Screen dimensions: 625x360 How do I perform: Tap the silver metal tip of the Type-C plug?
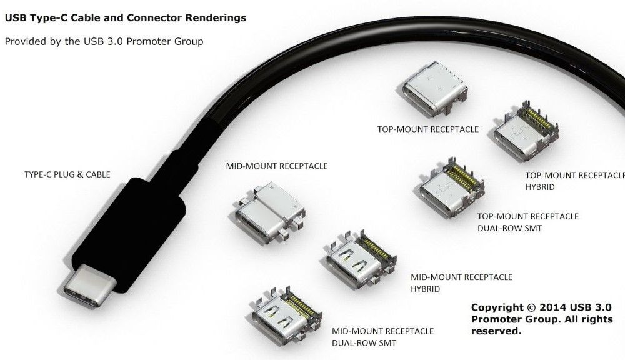click(x=89, y=285)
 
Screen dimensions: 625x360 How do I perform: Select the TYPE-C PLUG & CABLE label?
click(x=67, y=174)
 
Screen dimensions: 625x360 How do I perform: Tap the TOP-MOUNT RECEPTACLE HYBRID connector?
click(x=526, y=131)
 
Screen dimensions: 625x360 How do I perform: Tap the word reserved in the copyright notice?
click(x=496, y=331)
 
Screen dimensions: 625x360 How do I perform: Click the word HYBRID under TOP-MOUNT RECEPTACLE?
click(x=540, y=187)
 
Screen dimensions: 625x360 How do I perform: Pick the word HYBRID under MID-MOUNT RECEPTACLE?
click(x=425, y=289)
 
